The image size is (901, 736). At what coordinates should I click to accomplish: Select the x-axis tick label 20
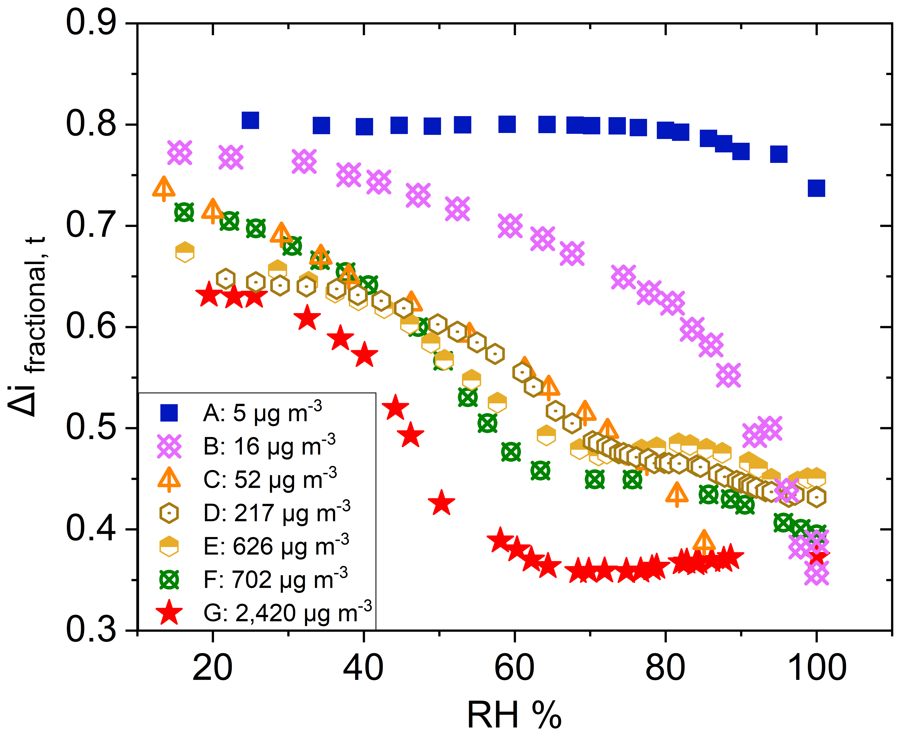212,668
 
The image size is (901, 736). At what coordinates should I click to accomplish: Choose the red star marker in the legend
169,613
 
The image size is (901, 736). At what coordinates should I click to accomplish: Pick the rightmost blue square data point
816,188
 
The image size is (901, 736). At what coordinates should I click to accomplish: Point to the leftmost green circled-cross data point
184,212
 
